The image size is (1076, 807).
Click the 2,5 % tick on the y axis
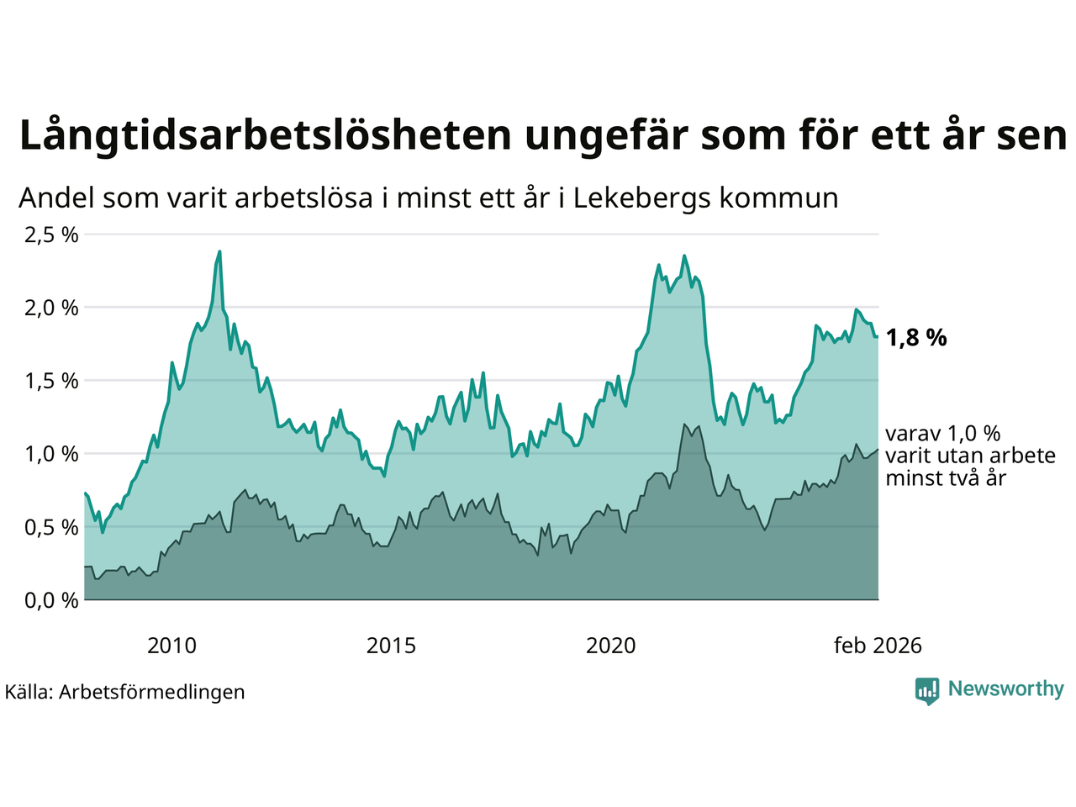pos(51,235)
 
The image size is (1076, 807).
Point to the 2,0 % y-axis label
pos(51,308)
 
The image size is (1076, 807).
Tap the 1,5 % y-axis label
pos(51,381)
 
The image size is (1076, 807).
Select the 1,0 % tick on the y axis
pos(51,454)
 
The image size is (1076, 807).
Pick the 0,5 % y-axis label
pos(51,527)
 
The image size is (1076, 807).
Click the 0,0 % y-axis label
pos(51,600)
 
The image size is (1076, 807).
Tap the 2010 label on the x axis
pos(171,646)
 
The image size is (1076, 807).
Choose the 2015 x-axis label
pos(391,646)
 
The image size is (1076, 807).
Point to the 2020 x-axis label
pos(611,646)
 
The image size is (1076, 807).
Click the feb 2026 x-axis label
pos(878,646)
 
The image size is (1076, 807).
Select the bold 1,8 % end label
pos(916,338)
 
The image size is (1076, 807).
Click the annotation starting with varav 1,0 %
pos(970,456)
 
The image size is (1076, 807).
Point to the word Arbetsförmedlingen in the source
pos(152,692)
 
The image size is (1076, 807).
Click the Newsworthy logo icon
pos(927,691)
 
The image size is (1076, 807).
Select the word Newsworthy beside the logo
pos(1005,689)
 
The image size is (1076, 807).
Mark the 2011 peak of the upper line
pos(219,251)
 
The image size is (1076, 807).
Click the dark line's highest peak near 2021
pos(685,425)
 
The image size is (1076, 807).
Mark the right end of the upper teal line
pos(878,337)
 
